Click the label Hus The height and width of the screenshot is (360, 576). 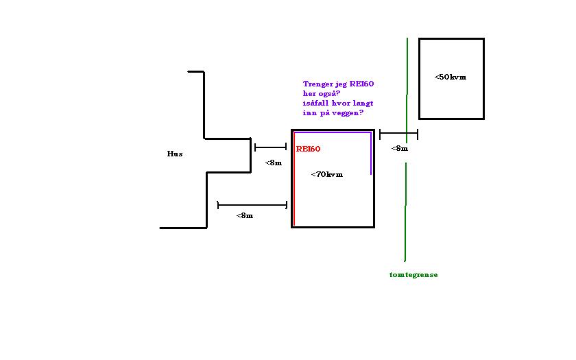pos(175,154)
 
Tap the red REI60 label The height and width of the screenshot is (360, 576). pos(309,149)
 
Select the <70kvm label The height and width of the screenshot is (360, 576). pos(326,174)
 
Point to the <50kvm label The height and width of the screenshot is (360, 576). pos(450,77)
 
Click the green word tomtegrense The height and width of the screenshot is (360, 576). pos(413,274)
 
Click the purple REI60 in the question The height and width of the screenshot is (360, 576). pos(362,84)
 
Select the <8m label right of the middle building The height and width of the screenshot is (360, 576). pos(399,148)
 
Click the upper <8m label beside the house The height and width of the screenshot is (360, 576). pos(273,163)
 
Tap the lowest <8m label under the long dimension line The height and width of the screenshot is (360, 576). pos(244,215)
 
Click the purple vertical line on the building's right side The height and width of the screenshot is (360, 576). pos(371,154)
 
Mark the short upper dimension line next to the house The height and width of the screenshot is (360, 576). pos(270,147)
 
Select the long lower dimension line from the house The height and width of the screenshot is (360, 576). pos(252,204)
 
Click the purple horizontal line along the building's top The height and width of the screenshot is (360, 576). pos(333,132)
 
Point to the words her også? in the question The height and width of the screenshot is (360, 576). pos(322,93)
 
